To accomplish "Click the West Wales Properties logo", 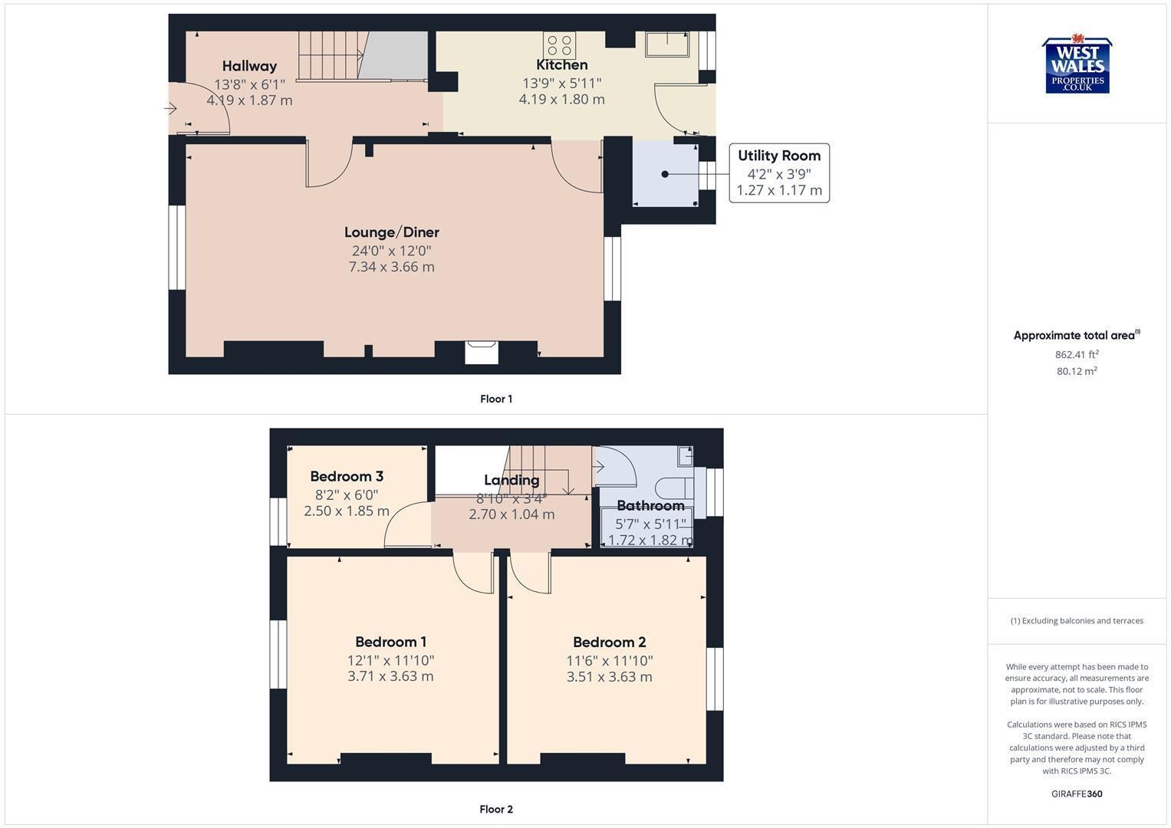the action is click(1077, 64).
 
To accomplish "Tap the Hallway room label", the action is click(249, 67).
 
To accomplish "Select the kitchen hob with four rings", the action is click(559, 45).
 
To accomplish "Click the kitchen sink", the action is click(668, 44).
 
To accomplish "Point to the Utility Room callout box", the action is click(779, 173).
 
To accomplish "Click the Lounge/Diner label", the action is click(392, 232).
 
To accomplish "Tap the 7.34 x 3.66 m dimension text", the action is click(392, 267).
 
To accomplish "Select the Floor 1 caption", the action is click(496, 399).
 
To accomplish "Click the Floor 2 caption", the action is click(496, 809).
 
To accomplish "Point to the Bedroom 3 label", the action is click(347, 476).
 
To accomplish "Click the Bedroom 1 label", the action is click(390, 642).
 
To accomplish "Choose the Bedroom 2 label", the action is click(609, 642).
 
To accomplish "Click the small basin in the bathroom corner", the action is click(686, 456).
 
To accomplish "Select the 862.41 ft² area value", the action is click(1077, 354).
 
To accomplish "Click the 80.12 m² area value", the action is click(1077, 371).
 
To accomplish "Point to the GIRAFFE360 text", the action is click(1077, 793).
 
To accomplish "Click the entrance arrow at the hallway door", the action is click(170, 109).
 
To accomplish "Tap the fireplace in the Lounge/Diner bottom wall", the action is click(482, 352).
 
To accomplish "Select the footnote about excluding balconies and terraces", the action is click(1077, 620).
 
